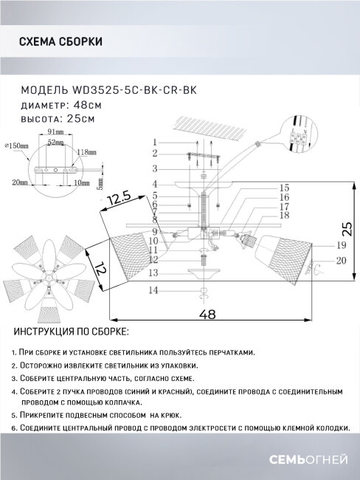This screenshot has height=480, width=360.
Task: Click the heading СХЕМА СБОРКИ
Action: point(60,41)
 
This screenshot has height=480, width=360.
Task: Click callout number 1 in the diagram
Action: point(156,142)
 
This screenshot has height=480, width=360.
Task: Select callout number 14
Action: point(154,291)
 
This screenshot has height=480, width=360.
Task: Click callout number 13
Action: point(154,273)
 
